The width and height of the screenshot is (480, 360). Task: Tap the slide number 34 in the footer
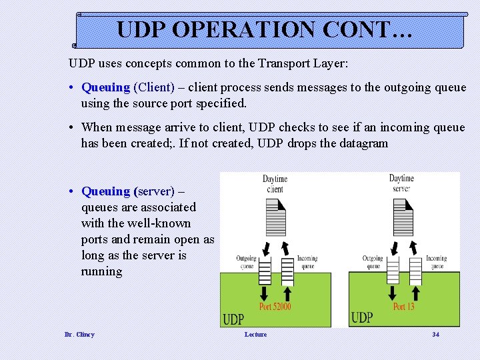tap(435, 334)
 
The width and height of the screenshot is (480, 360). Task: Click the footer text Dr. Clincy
tap(79, 334)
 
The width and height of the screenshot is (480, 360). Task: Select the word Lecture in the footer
tap(255, 334)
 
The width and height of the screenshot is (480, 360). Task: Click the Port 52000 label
tap(275, 307)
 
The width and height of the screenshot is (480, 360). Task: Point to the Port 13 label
tap(403, 307)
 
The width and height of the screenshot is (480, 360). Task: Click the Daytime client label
tap(274, 184)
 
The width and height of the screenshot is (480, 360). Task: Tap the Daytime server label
tap(401, 183)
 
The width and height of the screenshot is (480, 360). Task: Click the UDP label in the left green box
tap(233, 319)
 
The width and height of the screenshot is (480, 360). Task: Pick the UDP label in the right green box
tap(361, 318)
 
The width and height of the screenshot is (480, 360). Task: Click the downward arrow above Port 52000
tap(264, 293)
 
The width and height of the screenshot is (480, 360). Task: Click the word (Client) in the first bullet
tap(154, 87)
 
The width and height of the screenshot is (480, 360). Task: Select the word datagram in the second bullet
tap(362, 143)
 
